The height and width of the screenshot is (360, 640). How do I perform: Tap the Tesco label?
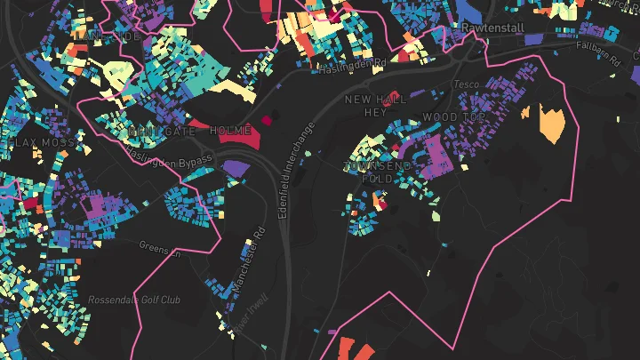(x=466, y=84)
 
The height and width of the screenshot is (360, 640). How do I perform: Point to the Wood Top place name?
(x=454, y=117)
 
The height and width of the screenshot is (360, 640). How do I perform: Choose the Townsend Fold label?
(x=378, y=172)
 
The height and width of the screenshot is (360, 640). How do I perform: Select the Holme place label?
(x=231, y=131)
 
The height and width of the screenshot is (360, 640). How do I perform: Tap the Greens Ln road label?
(x=160, y=246)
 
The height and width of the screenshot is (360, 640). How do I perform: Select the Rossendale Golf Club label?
(x=134, y=300)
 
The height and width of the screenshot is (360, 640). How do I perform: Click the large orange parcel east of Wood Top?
(x=552, y=124)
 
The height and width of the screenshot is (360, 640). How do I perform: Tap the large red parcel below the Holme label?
(x=236, y=140)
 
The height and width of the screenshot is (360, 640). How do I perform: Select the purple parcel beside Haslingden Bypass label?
(x=236, y=167)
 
